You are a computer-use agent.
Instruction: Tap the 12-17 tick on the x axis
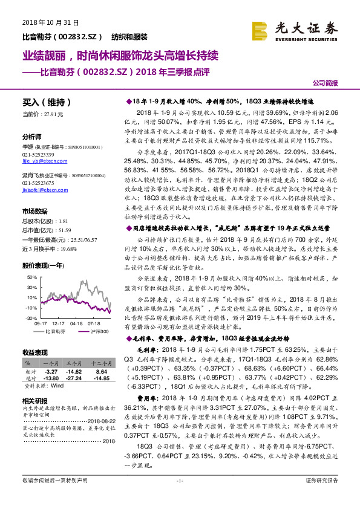[59, 323]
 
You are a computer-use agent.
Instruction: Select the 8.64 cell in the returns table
[101, 371]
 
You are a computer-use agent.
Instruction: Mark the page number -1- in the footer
[179, 498]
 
